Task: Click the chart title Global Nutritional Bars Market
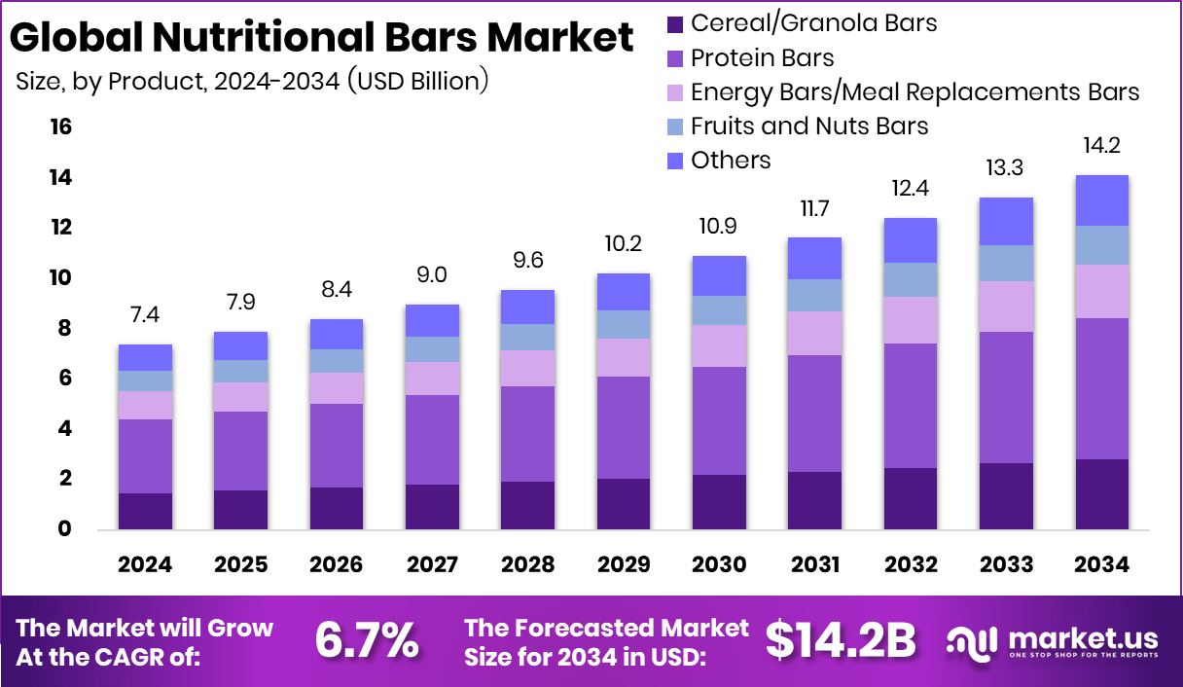[x=322, y=38]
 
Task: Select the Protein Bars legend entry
[x=762, y=58]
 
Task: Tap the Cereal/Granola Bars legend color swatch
[x=676, y=23]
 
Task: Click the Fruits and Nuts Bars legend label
[x=809, y=126]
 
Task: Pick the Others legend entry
[x=730, y=160]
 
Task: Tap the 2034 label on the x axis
[x=1101, y=564]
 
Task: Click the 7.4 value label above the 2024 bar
[x=145, y=314]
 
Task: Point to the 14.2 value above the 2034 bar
[x=1101, y=145]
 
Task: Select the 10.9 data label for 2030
[x=718, y=226]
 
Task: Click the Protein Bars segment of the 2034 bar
[x=1101, y=388]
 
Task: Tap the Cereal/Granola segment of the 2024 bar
[x=145, y=511]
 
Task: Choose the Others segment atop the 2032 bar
[x=910, y=239]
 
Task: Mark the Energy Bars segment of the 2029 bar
[x=623, y=357]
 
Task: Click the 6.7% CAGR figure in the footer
[x=367, y=640]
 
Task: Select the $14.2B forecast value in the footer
[x=841, y=640]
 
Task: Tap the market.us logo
[x=1053, y=641]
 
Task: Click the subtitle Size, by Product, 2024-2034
[x=252, y=82]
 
